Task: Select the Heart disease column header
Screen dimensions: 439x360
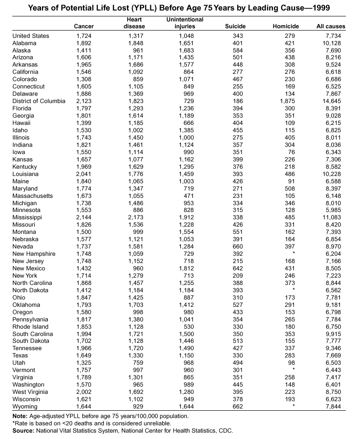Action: point(134,23)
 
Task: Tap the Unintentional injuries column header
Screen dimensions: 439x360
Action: point(185,23)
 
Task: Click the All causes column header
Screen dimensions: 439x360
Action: point(331,26)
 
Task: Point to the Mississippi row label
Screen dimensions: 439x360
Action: point(27,217)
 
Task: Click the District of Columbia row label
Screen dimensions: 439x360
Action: point(39,101)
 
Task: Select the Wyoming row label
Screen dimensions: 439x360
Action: point(25,407)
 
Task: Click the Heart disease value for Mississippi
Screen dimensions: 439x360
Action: point(136,217)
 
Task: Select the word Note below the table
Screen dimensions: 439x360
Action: point(21,416)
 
